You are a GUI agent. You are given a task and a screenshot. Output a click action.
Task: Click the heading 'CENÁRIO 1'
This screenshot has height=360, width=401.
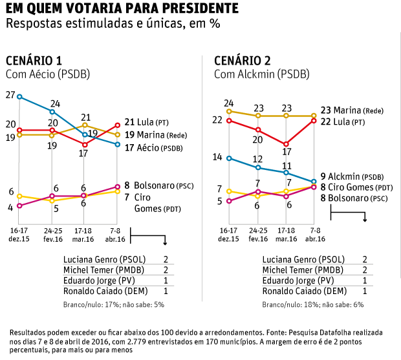tap(34, 61)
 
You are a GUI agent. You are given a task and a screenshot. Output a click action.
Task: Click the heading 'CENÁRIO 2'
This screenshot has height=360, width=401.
tap(243, 61)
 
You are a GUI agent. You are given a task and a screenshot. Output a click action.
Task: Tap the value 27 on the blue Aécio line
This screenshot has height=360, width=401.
tap(10, 94)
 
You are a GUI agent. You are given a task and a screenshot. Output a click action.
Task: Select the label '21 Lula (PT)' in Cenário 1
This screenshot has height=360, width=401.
tap(147, 122)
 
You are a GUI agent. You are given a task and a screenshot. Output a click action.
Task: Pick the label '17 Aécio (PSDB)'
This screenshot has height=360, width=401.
tap(153, 148)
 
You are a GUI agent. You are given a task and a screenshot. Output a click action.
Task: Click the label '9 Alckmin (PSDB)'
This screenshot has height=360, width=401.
tap(356, 176)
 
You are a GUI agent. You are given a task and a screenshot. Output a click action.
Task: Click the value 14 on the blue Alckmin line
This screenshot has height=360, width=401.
tap(217, 157)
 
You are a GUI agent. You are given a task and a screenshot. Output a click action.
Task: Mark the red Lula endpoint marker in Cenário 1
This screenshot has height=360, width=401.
tap(118, 125)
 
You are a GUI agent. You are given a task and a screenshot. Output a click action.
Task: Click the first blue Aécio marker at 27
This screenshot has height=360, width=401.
tap(19, 97)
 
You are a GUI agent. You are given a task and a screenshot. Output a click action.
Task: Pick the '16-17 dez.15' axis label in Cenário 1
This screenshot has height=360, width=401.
tap(19, 234)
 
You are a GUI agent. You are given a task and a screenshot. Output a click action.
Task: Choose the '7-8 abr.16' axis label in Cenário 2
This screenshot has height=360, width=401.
tap(315, 234)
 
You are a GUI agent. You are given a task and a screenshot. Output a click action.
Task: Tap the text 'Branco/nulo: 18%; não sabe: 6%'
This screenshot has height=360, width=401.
tap(313, 304)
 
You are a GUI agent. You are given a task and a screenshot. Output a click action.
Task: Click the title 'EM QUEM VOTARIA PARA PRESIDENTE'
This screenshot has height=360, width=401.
tap(120, 9)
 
